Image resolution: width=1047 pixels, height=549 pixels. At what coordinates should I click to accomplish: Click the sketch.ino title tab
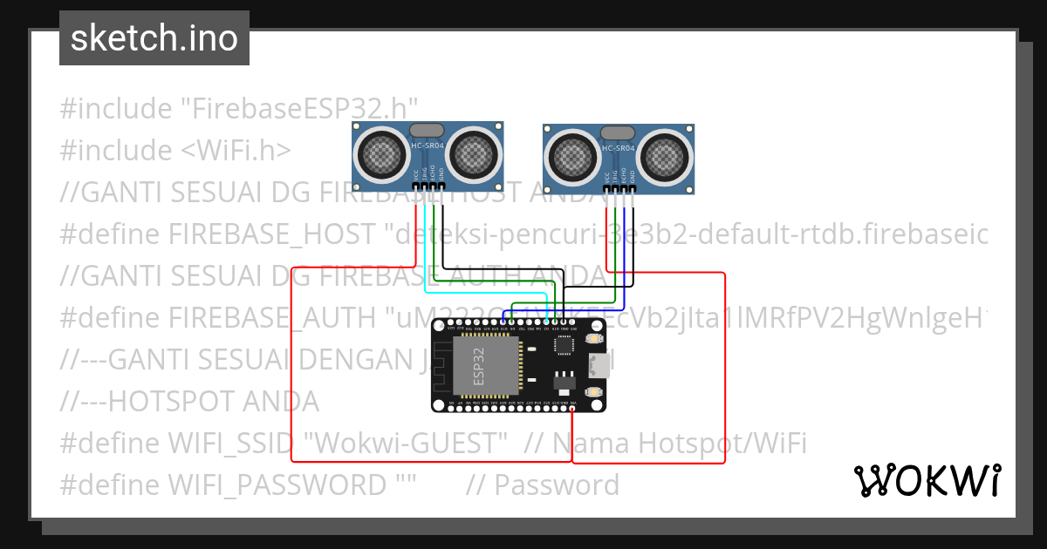154,38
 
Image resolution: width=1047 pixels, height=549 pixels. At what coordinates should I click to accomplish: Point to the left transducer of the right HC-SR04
571,156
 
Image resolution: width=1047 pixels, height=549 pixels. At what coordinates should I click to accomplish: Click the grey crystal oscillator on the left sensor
428,130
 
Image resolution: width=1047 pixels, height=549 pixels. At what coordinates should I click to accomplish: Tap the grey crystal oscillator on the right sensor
619,132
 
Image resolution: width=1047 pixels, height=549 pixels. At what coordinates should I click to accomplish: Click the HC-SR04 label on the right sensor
618,148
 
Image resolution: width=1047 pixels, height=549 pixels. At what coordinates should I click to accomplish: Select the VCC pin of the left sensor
416,186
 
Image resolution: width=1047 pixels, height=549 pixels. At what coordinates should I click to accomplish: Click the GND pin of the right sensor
633,189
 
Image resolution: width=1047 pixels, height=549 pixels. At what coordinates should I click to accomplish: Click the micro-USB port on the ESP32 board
599,364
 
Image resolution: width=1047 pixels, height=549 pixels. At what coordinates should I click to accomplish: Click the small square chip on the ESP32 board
565,345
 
